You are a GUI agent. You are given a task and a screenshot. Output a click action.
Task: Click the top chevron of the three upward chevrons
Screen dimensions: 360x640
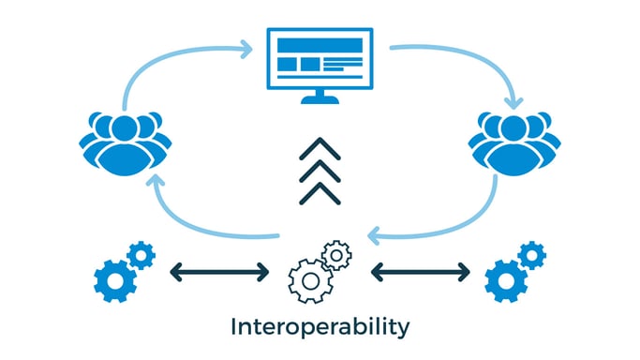pos(320,148)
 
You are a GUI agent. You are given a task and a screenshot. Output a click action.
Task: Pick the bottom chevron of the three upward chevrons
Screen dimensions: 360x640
pos(320,192)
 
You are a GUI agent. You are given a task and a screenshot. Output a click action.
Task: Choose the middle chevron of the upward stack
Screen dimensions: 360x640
pos(320,170)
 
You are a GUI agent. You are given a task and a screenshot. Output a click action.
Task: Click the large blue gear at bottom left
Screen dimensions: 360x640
pos(115,277)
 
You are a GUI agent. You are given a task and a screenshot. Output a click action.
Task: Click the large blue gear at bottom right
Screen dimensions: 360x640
pos(506,278)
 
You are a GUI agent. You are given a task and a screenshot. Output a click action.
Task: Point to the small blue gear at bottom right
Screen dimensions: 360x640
pos(532,254)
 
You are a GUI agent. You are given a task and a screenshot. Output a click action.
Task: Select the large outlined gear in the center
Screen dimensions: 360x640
pos(309,277)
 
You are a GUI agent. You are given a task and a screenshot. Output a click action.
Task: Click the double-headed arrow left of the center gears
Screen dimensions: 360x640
pos(219,273)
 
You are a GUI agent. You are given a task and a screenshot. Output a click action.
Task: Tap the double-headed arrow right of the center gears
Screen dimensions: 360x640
pos(421,273)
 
